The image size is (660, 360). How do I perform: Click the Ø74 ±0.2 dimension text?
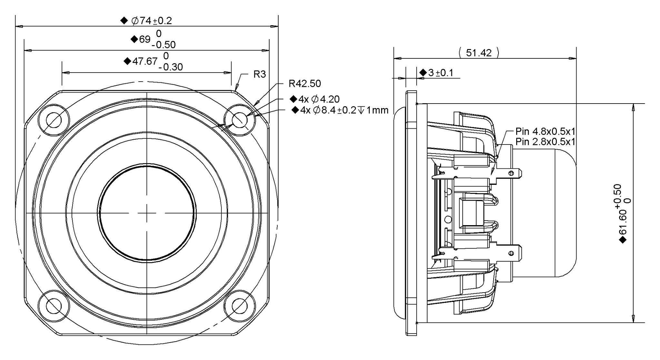click(x=151, y=21)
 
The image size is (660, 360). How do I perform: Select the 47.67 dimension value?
click(x=145, y=61)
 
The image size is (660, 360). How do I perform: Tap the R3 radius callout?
click(x=260, y=74)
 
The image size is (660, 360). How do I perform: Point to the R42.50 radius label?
click(x=305, y=84)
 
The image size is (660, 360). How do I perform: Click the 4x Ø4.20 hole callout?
click(x=319, y=99)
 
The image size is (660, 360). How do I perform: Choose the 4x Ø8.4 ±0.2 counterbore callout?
click(x=344, y=110)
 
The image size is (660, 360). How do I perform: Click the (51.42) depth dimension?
click(x=479, y=53)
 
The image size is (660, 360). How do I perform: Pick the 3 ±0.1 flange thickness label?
click(x=440, y=73)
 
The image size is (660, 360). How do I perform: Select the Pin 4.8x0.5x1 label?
click(x=545, y=131)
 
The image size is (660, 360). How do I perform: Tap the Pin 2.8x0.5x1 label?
click(x=545, y=142)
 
